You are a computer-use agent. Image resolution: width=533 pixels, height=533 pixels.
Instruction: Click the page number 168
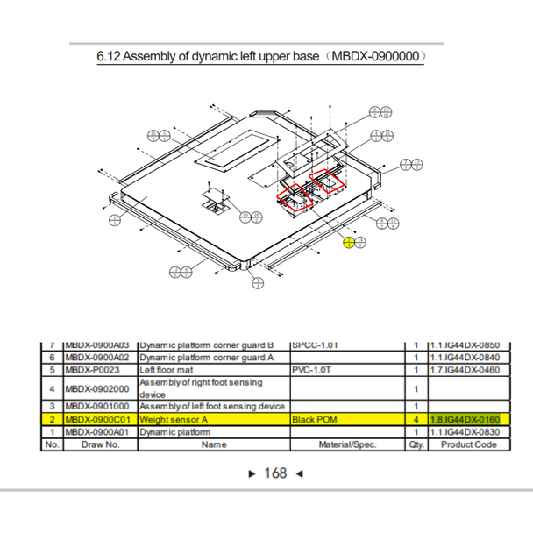click(275, 473)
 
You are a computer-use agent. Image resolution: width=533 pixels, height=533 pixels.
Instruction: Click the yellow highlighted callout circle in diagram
click(349, 243)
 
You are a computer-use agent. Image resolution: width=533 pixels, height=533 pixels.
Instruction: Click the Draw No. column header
click(100, 444)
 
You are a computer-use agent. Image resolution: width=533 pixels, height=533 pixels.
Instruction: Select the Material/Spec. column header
click(346, 444)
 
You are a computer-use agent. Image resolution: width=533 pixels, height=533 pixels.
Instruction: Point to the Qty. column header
click(415, 444)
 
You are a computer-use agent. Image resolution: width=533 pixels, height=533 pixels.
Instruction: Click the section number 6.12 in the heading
click(109, 57)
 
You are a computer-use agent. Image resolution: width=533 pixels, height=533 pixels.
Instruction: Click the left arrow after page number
click(300, 473)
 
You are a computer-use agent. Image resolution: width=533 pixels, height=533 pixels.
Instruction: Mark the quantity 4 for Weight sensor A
click(415, 420)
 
